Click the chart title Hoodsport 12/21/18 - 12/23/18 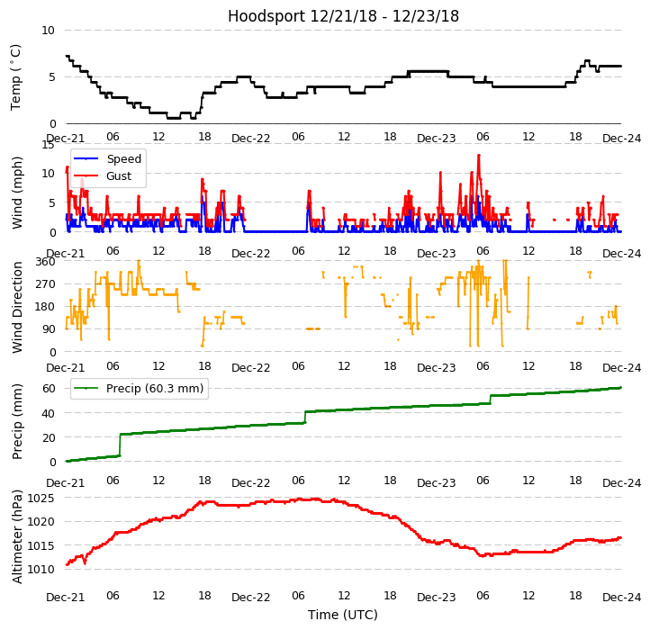[x=343, y=16]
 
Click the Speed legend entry [x=123, y=158]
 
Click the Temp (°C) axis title [x=16, y=76]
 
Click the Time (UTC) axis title [x=343, y=615]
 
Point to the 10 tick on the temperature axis [x=49, y=30]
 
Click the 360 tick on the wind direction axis [x=46, y=261]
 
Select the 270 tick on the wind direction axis [x=46, y=283]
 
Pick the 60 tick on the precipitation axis [x=49, y=388]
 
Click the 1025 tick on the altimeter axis [x=41, y=498]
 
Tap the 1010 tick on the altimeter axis [x=41, y=569]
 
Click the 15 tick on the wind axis [x=49, y=144]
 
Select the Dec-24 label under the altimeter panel [x=621, y=598]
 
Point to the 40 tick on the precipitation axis [x=49, y=413]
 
